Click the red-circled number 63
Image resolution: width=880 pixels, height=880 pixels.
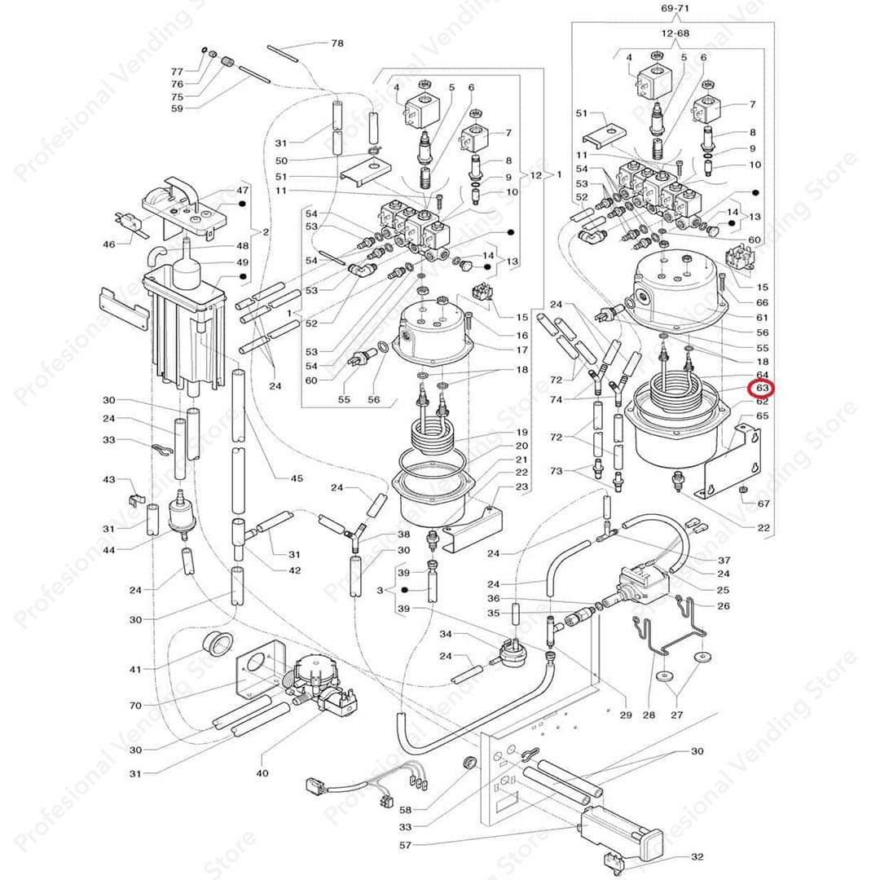point(763,389)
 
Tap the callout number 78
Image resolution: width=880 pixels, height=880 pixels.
point(337,42)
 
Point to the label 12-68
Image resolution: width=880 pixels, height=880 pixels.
point(673,35)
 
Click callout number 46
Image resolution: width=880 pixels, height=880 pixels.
point(108,244)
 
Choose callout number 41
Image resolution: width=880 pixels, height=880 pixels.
point(134,669)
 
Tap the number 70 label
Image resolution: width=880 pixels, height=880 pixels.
point(134,706)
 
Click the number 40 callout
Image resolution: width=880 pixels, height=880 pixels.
point(262,772)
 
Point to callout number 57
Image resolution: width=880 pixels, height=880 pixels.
point(405,845)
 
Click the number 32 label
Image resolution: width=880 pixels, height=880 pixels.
point(697,856)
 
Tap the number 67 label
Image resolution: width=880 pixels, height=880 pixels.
point(763,504)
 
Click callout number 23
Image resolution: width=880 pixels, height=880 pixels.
point(521,486)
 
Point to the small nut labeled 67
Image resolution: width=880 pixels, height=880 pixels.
point(743,489)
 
